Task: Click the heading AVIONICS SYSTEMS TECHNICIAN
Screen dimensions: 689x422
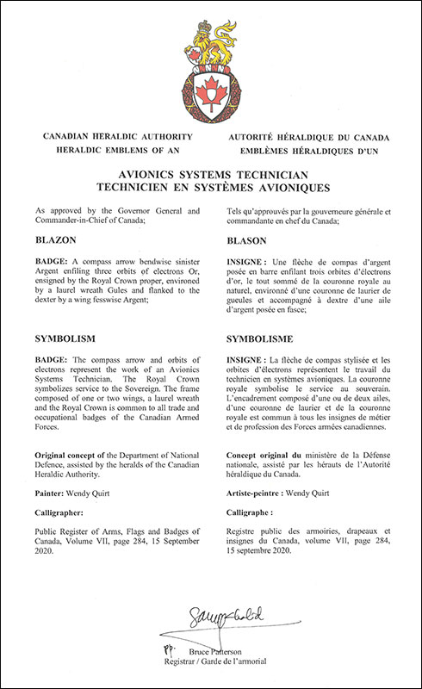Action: [211, 173]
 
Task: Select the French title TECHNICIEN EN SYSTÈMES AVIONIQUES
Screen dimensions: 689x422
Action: [211, 187]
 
